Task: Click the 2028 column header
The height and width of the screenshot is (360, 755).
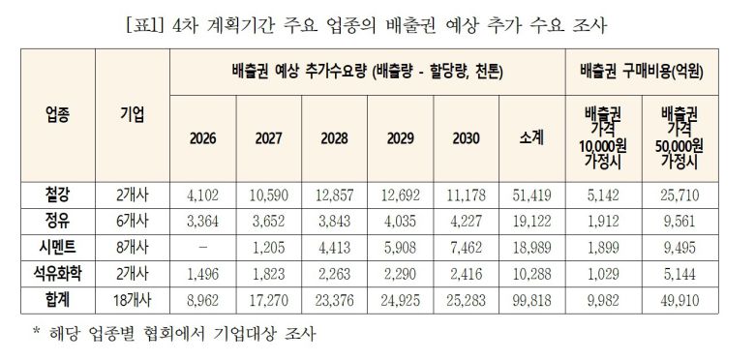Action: tap(334, 137)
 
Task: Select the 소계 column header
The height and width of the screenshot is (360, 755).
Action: tap(531, 137)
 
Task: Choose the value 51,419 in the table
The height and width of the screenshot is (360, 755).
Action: tap(531, 195)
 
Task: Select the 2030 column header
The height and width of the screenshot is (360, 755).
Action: tap(466, 137)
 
